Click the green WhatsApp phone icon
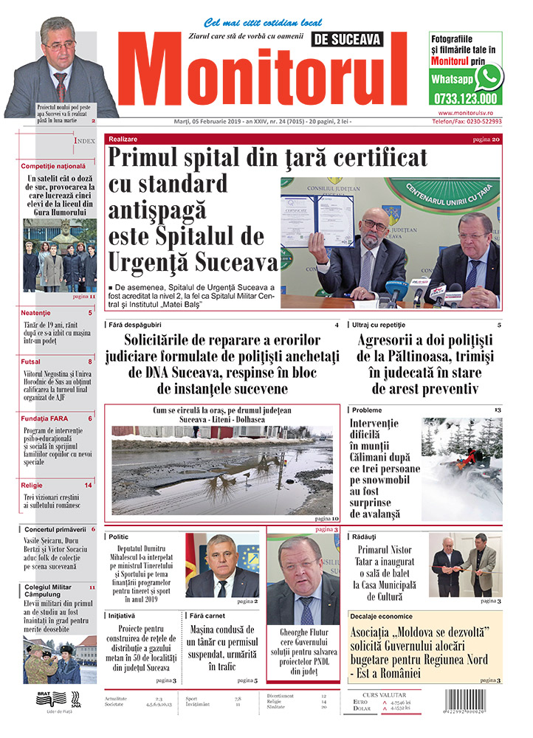pyautogui.click(x=489, y=77)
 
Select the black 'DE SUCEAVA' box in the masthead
pyautogui.click(x=348, y=39)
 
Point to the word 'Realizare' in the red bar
pyautogui.click(x=123, y=139)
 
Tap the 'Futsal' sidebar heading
pyautogui.click(x=31, y=362)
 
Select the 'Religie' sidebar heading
pyautogui.click(x=32, y=485)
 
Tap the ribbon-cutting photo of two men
pyautogui.click(x=463, y=565)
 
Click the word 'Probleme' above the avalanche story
pyautogui.click(x=367, y=410)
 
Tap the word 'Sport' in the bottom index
pyautogui.click(x=191, y=697)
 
